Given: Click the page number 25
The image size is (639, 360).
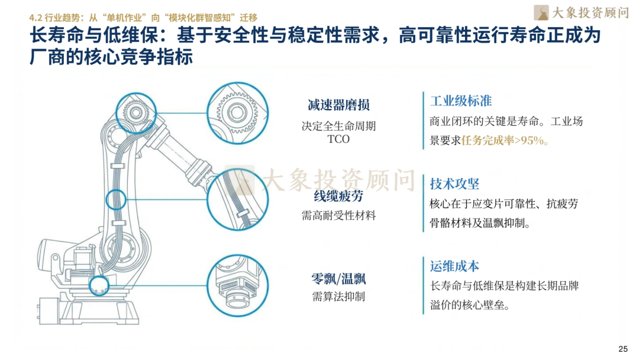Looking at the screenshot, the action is point(622,348).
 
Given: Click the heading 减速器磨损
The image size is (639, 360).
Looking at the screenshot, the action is point(338,105).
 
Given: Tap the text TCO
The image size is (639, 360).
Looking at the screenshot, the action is point(338,140).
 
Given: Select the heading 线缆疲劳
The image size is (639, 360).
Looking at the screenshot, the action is point(338,197).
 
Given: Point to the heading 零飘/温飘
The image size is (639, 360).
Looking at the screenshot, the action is point(338,278).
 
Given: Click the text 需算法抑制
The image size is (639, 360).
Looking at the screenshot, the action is point(338,296).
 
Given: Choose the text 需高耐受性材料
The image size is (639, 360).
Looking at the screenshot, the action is point(338,216).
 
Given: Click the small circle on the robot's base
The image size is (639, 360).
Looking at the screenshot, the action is point(98,288).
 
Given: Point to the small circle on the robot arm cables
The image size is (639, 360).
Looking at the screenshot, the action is point(116,200).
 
